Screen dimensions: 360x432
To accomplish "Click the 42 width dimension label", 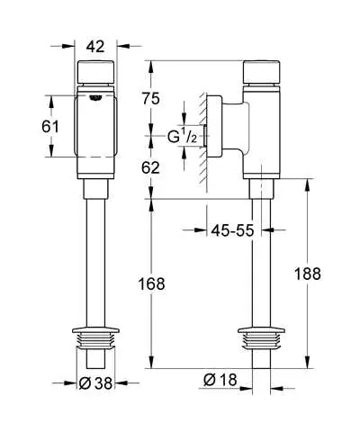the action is [95, 47].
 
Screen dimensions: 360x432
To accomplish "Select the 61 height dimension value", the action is [50, 127].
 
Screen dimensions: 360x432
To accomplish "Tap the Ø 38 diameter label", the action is [95, 383].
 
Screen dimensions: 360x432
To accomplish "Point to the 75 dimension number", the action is [151, 99].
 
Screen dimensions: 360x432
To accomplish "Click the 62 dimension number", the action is [150, 167].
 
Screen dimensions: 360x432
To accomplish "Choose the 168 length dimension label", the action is [151, 283].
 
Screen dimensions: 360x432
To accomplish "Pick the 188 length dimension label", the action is [308, 274].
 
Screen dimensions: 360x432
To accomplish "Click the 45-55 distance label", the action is [232, 230].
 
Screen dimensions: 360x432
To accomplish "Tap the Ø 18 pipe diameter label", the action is [220, 380].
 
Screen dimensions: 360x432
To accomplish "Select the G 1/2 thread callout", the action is [182, 137].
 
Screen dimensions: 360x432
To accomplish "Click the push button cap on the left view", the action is [96, 72].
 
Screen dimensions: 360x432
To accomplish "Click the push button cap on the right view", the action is [262, 72].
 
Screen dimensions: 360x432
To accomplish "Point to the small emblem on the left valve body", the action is [95, 98].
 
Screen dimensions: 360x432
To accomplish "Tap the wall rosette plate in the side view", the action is [214, 126].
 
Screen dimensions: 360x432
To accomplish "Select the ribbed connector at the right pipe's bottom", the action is [261, 338].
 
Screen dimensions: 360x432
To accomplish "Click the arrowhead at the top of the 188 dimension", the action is [307, 185].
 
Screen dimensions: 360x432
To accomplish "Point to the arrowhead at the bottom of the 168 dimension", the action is [151, 362].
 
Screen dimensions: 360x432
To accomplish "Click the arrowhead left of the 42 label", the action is [68, 46].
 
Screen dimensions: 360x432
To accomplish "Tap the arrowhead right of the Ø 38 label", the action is [121, 383].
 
